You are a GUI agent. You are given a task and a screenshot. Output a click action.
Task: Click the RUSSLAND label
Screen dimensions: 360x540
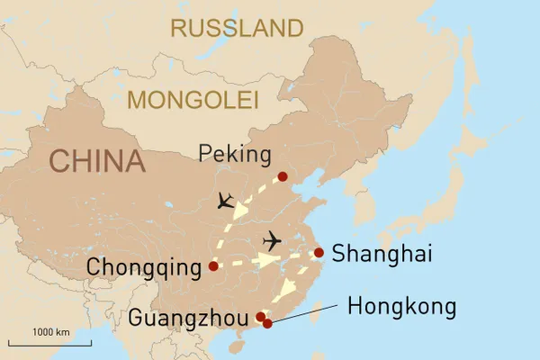tap(237, 28)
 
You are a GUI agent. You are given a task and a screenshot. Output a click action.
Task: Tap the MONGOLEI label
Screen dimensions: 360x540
tap(193, 99)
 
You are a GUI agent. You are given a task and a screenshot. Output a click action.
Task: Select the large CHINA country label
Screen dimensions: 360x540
tap(97, 161)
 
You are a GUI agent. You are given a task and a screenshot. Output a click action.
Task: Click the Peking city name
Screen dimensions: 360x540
tap(235, 155)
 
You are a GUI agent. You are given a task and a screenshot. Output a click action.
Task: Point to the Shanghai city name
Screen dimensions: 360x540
tap(382, 254)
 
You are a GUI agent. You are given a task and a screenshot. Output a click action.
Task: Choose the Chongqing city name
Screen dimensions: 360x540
tap(145, 267)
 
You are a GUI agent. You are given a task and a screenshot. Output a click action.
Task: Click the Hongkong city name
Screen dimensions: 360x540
tap(401, 307)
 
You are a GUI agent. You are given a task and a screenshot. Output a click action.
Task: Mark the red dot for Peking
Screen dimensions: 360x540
tap(283, 176)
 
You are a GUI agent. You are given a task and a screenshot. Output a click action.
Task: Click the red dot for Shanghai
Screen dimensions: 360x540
tap(319, 253)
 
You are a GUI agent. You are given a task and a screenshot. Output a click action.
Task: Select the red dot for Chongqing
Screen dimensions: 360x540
tap(213, 266)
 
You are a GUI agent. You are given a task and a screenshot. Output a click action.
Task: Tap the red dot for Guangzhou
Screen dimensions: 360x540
tap(261, 317)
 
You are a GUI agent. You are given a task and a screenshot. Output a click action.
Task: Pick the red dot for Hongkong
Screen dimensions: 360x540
tap(267, 323)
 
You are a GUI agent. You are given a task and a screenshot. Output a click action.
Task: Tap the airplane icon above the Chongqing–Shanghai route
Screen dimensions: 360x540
tap(270, 241)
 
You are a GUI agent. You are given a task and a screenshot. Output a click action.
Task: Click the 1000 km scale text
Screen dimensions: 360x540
tap(51, 333)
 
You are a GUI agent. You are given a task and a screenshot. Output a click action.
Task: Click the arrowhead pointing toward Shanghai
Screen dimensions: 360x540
tap(267, 260)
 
